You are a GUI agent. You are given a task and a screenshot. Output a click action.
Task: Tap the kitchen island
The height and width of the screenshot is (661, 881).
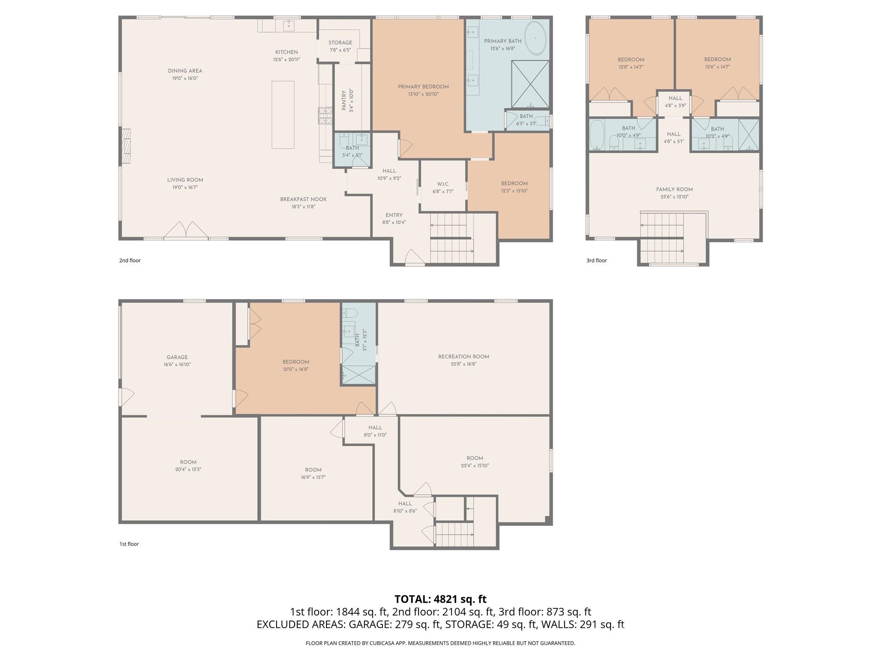[x=283, y=114]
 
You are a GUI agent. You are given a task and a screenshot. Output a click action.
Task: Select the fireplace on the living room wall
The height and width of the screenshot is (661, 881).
[x=126, y=146]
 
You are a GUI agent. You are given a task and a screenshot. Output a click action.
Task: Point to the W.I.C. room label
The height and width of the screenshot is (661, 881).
[x=443, y=184]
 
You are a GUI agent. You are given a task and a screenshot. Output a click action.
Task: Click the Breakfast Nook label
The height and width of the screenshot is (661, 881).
[x=303, y=199]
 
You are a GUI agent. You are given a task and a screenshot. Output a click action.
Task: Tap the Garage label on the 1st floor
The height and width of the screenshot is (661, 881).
[x=177, y=357]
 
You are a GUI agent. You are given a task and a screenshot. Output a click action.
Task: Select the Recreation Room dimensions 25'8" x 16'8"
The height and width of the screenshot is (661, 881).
[x=463, y=364]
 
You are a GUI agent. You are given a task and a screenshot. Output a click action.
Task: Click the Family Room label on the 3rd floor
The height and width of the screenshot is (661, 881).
[x=674, y=189]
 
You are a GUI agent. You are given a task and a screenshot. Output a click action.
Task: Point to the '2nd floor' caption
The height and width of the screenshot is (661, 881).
[x=130, y=260]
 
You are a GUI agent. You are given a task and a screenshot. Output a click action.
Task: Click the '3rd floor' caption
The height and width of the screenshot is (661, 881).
[x=597, y=260]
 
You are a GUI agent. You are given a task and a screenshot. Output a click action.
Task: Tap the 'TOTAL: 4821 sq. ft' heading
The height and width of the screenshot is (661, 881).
[x=440, y=599]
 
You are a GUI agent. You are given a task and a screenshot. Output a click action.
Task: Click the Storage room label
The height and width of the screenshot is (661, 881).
[x=340, y=43]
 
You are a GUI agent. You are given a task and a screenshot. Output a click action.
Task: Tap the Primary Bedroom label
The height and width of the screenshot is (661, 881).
[x=423, y=86]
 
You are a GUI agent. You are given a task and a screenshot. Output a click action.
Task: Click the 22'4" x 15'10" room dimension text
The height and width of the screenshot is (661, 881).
[x=475, y=466]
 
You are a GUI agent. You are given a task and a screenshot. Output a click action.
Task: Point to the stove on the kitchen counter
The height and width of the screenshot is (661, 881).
[x=325, y=115]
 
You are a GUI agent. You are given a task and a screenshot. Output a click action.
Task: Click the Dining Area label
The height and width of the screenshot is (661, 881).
[x=185, y=71]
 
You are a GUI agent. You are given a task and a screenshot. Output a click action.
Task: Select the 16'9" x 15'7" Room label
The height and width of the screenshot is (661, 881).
[x=313, y=470]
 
